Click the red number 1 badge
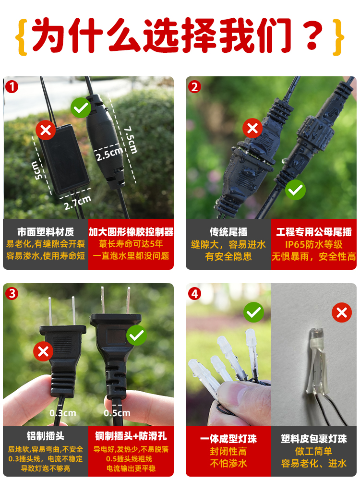[x=12, y=87]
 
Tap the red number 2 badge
[x=194, y=87]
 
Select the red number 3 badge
[x=12, y=293]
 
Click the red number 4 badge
[x=194, y=293]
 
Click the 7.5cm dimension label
[x=129, y=140]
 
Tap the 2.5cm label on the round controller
[x=109, y=154]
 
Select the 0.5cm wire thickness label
[x=117, y=413]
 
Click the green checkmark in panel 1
[x=81, y=108]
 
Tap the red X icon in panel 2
[x=252, y=129]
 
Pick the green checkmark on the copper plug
[x=136, y=335]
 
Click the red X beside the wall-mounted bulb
[x=341, y=313]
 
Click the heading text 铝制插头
[x=46, y=436]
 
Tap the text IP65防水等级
[x=314, y=244]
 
